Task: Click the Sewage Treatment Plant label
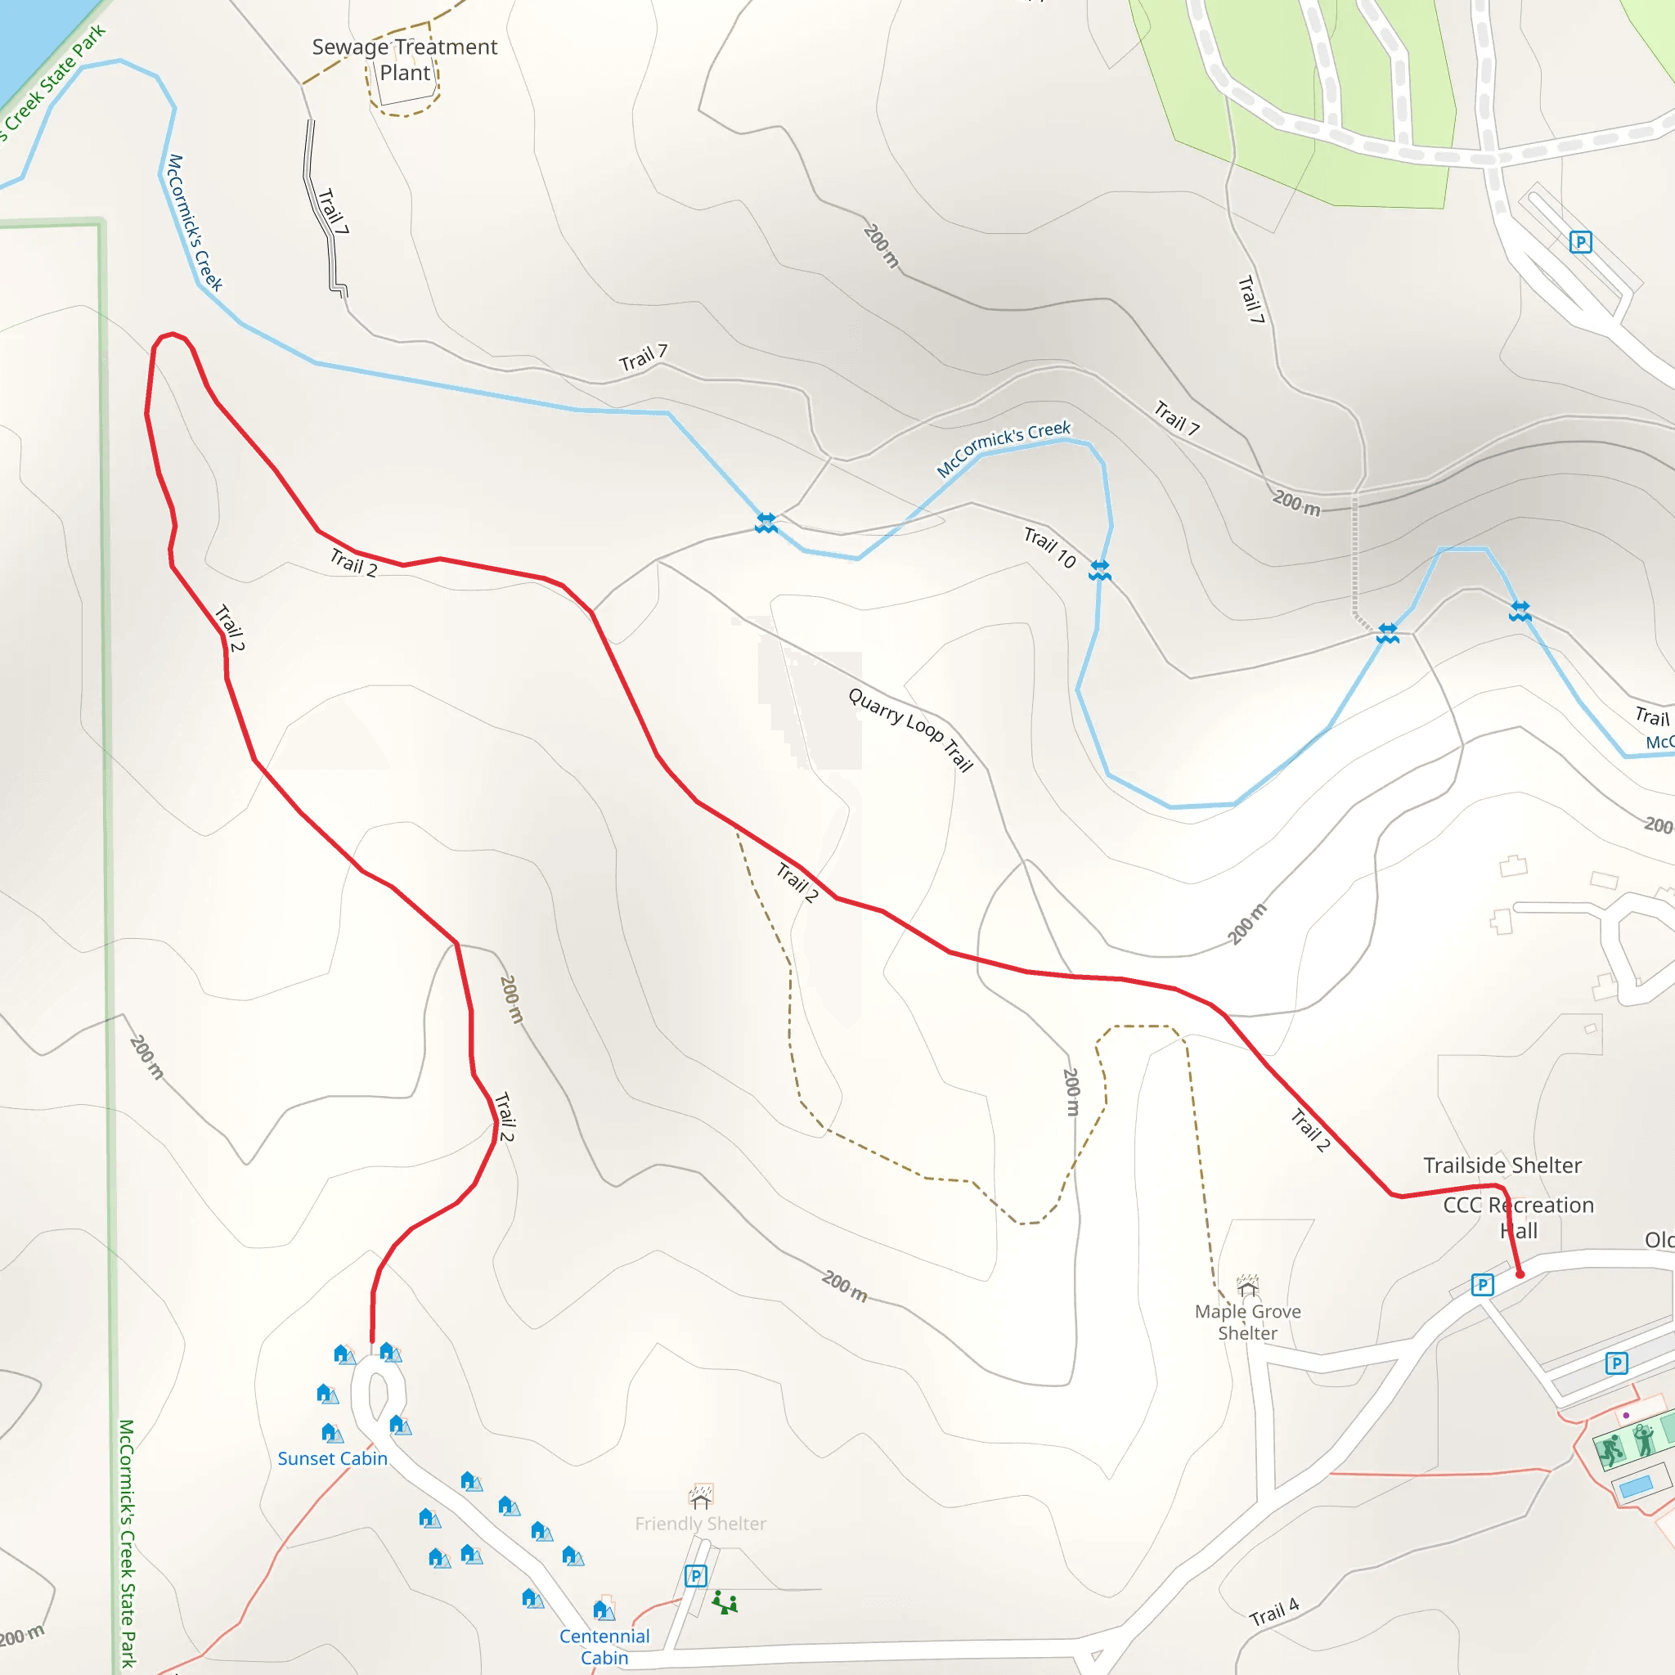404,59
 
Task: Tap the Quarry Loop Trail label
910,729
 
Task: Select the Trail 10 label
1049,547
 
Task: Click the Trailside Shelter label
1502,1165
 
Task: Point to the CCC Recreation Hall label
1518,1217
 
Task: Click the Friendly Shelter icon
701,1497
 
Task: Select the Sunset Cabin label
332,1458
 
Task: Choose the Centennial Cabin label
604,1646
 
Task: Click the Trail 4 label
1273,1612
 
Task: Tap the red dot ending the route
1520,1273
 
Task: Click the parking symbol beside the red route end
1483,1285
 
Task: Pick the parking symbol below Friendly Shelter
695,1575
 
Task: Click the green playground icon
725,1603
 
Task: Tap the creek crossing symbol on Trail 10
1099,569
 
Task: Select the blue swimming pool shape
1635,1487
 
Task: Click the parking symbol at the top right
1580,242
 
